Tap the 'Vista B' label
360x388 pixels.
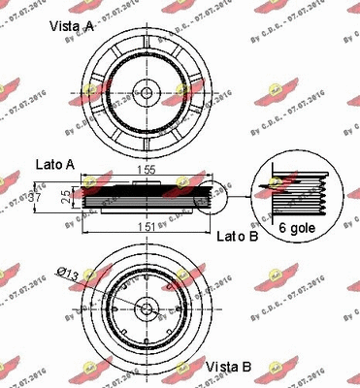(x=230, y=368)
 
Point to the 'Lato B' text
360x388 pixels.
(x=236, y=236)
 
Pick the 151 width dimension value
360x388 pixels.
(x=146, y=226)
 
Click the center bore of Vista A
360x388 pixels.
(x=146, y=93)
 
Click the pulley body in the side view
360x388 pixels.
(x=146, y=198)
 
